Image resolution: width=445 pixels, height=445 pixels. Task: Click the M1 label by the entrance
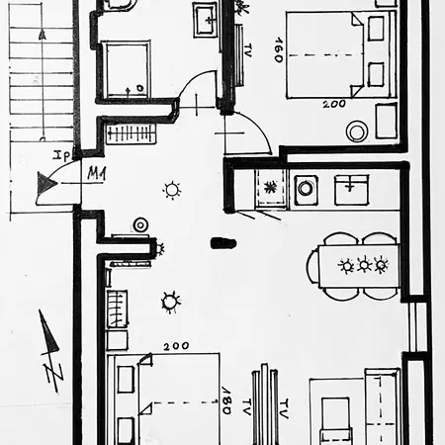(96, 174)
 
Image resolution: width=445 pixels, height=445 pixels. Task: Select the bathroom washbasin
(206, 18)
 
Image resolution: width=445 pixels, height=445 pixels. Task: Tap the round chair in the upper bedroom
(356, 132)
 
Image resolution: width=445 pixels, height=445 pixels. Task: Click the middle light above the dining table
(364, 265)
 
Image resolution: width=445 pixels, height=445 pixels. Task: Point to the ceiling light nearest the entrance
(172, 190)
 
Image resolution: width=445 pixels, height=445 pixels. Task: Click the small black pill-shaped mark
(219, 240)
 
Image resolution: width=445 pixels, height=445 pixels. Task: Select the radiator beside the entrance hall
(130, 133)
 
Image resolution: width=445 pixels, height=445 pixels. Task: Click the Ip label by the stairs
(60, 156)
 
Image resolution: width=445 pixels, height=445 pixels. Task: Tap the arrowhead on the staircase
(42, 34)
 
